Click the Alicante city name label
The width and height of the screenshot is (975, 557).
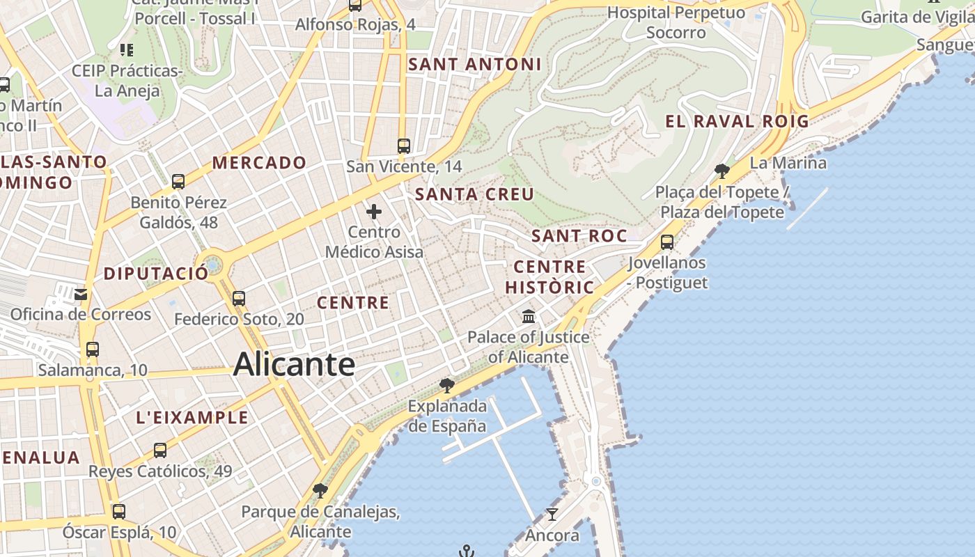(294, 364)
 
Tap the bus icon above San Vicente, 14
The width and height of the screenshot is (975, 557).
(403, 146)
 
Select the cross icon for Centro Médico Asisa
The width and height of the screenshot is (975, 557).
(374, 211)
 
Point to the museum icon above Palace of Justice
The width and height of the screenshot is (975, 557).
(529, 317)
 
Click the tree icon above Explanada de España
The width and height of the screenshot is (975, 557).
(447, 385)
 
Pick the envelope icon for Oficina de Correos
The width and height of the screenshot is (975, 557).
(81, 294)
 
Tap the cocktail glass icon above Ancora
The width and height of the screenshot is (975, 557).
(552, 515)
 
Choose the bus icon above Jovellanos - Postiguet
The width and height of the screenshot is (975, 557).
(667, 242)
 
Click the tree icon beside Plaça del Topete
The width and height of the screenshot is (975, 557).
(722, 171)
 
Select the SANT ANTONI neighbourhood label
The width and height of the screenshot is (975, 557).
(474, 64)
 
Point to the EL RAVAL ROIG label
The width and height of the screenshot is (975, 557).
(737, 121)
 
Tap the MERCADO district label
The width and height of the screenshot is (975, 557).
(259, 163)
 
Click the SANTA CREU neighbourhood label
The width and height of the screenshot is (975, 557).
(474, 194)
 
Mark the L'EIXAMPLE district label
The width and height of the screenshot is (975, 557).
(192, 417)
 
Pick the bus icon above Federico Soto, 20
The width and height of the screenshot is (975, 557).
(239, 299)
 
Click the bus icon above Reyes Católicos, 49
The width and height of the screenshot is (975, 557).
(160, 450)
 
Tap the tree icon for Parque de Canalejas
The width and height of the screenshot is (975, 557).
(320, 492)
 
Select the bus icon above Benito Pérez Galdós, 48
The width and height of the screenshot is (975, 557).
(178, 182)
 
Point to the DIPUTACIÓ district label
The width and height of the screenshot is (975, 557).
(156, 274)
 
